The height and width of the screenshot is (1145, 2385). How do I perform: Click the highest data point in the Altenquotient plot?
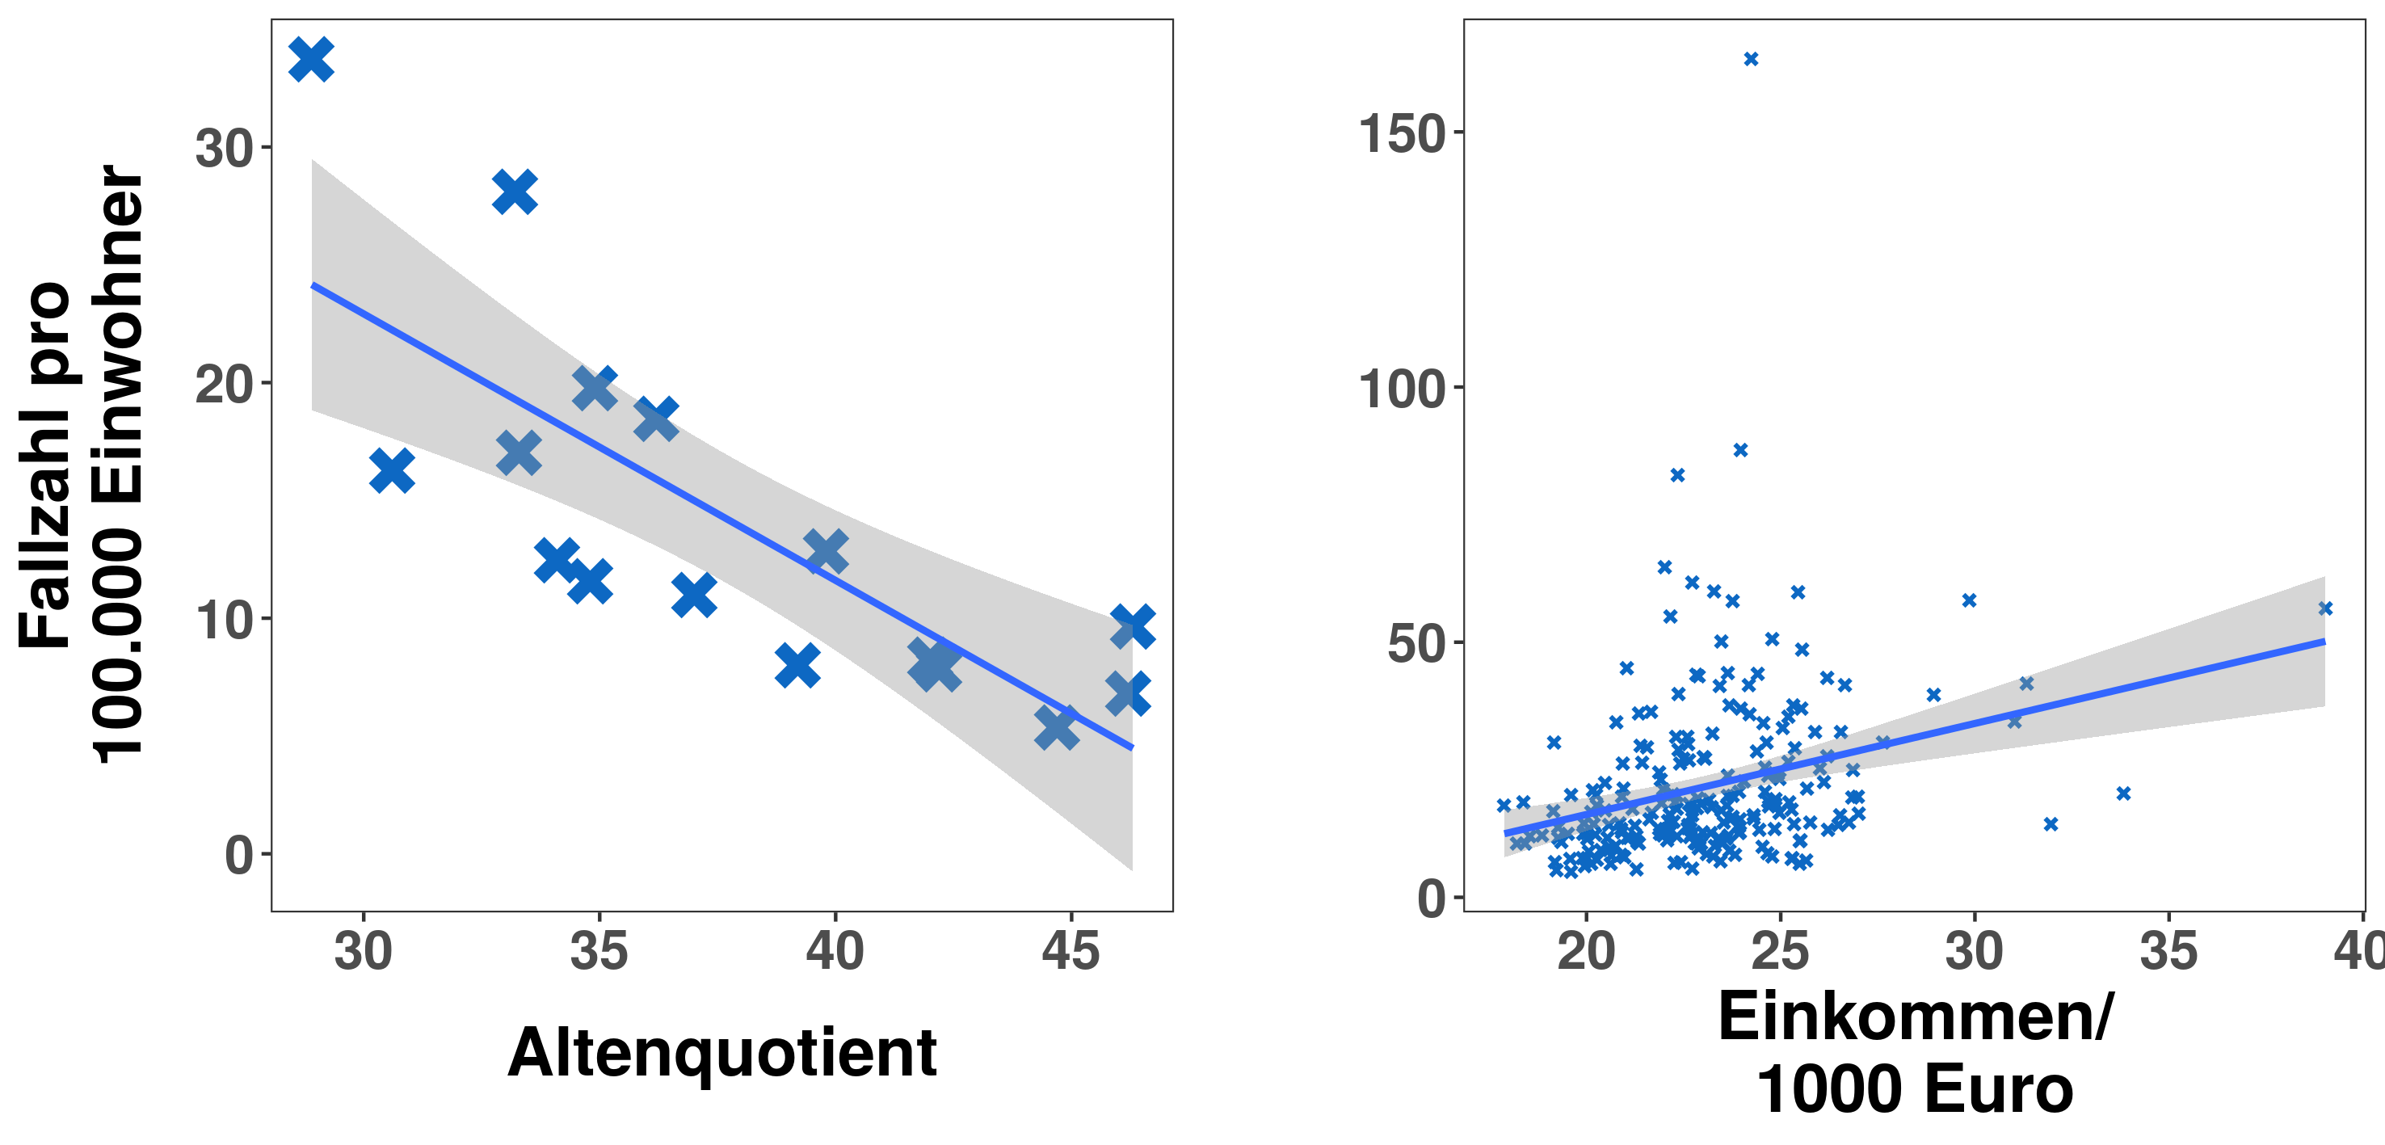311,59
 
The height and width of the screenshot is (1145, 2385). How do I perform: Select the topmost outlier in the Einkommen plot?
1751,59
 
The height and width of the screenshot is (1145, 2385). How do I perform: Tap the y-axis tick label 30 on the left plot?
224,148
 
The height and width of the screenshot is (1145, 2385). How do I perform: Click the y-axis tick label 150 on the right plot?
1402,133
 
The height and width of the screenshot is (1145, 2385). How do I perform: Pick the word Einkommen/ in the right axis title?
1916,1017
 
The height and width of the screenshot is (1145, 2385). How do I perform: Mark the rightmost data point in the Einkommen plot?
2325,608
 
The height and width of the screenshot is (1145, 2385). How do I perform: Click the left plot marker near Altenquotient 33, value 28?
515,192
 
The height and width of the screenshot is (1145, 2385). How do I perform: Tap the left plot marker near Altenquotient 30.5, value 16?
392,470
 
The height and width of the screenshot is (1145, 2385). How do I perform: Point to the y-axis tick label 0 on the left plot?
239,855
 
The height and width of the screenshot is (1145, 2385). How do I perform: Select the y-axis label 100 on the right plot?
1402,389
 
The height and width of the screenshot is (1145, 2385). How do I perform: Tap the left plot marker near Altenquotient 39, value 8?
797,666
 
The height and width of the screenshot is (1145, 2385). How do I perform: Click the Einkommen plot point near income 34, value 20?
2124,794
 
